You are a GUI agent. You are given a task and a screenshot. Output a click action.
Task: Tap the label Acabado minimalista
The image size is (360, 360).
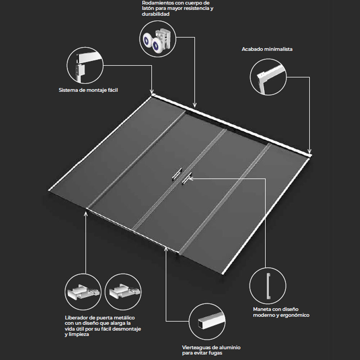coord(267,49)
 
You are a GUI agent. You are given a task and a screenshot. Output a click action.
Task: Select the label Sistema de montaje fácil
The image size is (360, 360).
coord(88,90)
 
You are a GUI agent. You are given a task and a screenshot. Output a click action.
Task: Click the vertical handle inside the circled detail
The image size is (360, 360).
coord(269,286)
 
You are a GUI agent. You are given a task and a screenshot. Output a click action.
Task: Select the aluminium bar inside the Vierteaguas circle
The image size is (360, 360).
coord(211,321)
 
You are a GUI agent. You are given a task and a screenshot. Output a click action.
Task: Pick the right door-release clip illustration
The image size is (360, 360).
coord(124,291)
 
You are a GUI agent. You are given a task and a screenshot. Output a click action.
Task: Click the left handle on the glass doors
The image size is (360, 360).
coord(177,174)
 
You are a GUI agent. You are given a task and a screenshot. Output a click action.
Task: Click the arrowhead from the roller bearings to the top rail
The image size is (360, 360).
coord(195,105)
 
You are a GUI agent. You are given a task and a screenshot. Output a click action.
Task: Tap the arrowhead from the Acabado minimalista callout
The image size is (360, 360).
coord(310,151)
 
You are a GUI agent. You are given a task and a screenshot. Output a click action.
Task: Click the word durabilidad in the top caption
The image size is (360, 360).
coord(156,14)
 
